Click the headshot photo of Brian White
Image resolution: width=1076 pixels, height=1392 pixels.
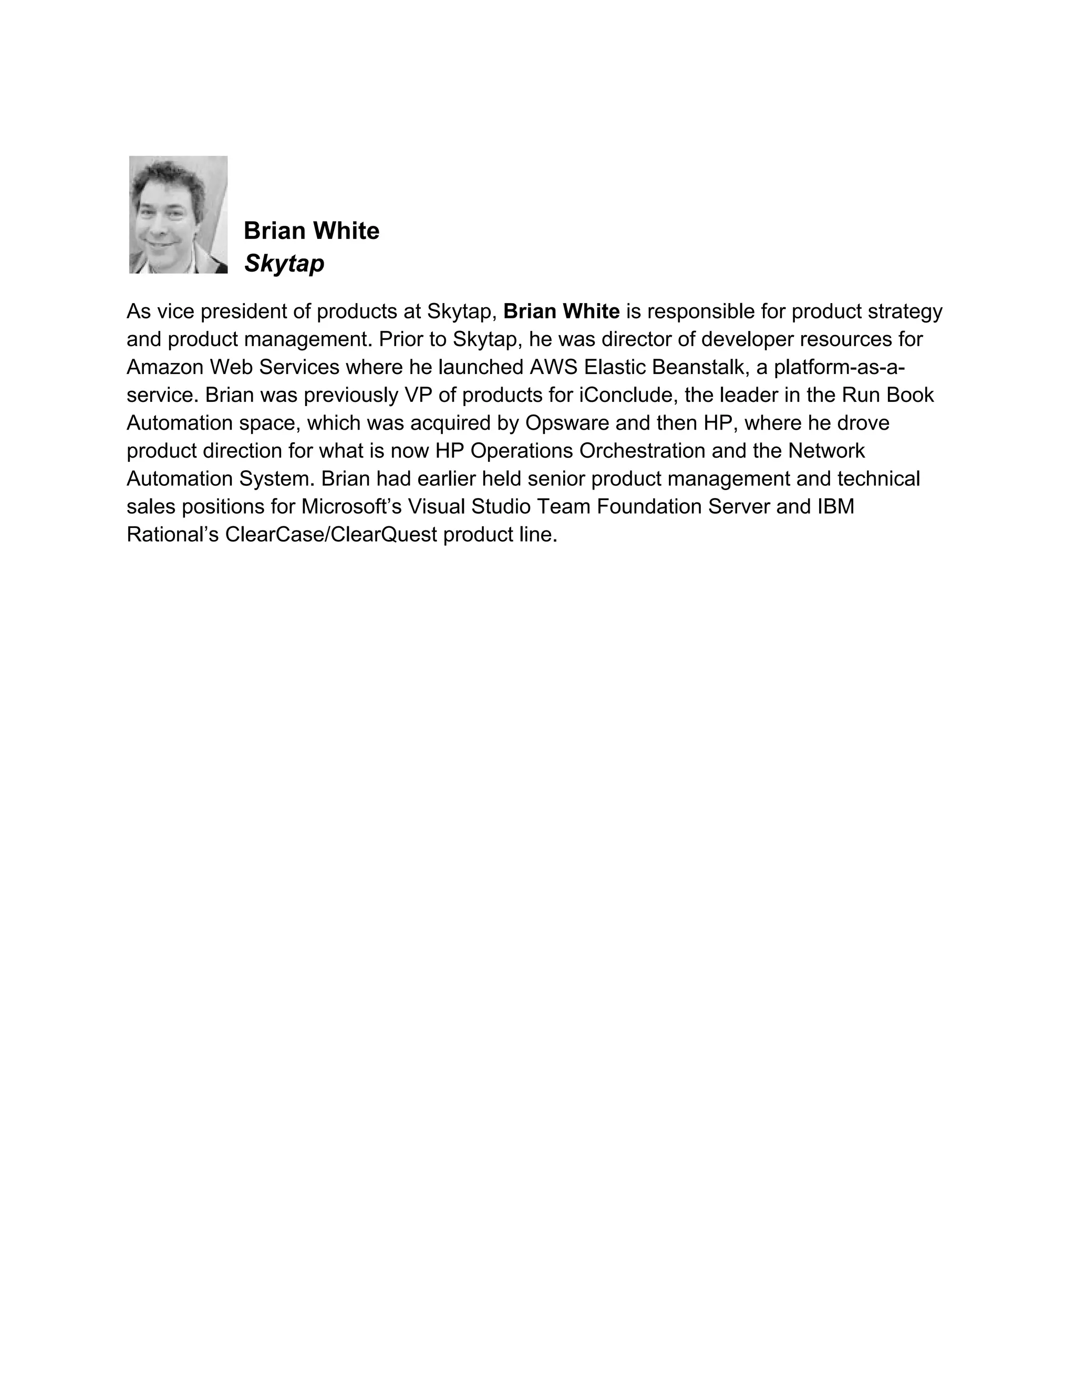[x=178, y=215]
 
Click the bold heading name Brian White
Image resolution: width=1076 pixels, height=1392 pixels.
[x=311, y=231]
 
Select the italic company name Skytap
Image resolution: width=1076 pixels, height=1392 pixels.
[x=284, y=263]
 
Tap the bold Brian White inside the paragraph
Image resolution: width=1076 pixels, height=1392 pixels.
[x=561, y=311]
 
